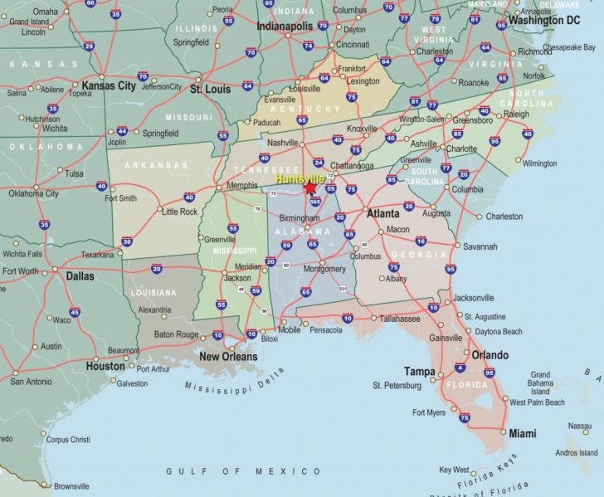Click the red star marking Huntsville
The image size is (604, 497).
pos(311,188)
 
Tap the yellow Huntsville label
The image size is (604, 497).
pos(304,178)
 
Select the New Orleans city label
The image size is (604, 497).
pos(228,357)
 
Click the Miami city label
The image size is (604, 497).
pos(522,433)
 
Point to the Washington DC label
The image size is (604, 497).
pos(544,19)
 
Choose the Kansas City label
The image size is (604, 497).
pos(109,85)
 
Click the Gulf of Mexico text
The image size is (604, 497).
pos(243,471)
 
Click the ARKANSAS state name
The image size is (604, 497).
pos(156,165)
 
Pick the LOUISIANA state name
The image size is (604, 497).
pos(153,293)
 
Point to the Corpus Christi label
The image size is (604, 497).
pos(69,440)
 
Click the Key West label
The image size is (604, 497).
pos(454,470)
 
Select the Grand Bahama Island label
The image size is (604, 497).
pos(540,384)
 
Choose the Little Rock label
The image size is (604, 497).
pos(179,212)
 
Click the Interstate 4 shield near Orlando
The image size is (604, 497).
pos(460,368)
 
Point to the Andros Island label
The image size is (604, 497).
pos(577,452)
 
